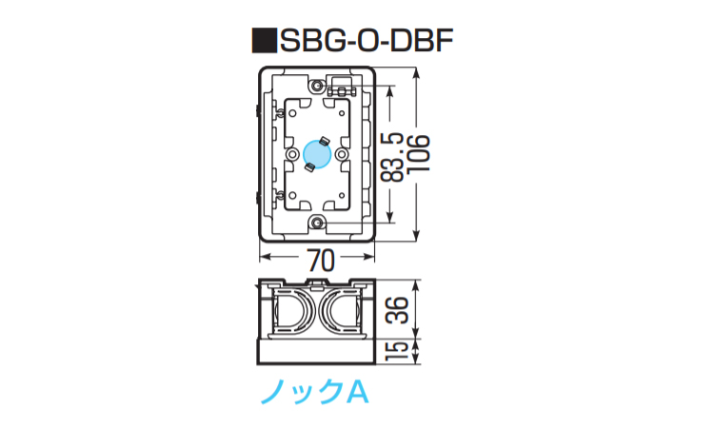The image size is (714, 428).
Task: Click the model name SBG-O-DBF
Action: point(367,41)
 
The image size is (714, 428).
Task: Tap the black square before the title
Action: point(265,41)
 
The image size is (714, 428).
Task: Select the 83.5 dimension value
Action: point(392,157)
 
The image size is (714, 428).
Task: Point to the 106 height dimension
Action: point(418,154)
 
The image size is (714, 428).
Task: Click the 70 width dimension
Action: point(321,261)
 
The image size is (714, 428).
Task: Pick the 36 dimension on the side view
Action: point(397,310)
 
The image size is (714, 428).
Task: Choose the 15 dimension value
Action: point(397,351)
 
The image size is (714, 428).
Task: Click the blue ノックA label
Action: point(314,392)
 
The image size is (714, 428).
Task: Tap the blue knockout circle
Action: point(317,154)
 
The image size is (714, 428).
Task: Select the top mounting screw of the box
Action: point(316,85)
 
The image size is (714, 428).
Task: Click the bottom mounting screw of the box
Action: point(316,223)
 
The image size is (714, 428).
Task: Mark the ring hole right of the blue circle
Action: point(341,155)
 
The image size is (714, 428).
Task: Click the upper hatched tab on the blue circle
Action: point(325,140)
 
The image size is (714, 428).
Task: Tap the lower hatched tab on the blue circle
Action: point(309,167)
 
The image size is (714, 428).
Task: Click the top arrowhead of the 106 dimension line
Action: point(416,72)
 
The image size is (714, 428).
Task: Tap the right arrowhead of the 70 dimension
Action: point(368,258)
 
